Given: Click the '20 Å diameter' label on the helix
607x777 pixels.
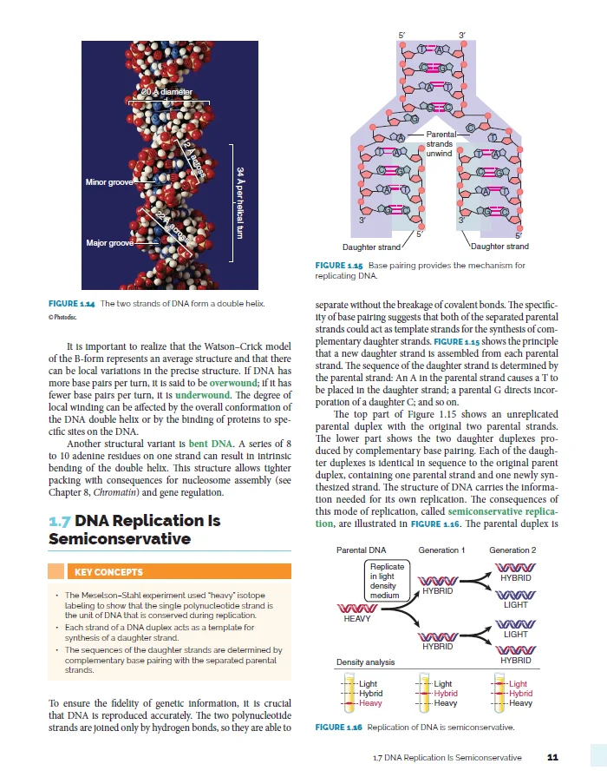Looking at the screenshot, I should [x=168, y=91].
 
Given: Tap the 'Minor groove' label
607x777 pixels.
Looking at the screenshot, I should [x=108, y=182].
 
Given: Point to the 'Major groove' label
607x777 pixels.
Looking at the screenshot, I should [x=109, y=243].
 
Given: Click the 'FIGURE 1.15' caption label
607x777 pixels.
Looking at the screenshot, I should [x=338, y=266].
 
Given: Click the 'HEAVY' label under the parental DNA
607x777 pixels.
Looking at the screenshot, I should [x=357, y=618].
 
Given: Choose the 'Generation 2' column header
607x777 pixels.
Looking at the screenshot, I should [x=512, y=550].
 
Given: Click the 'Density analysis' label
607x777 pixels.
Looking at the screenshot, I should [x=365, y=662].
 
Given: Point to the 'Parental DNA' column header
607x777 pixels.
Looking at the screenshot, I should [x=361, y=550].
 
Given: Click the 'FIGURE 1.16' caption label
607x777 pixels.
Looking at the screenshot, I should [x=338, y=727].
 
